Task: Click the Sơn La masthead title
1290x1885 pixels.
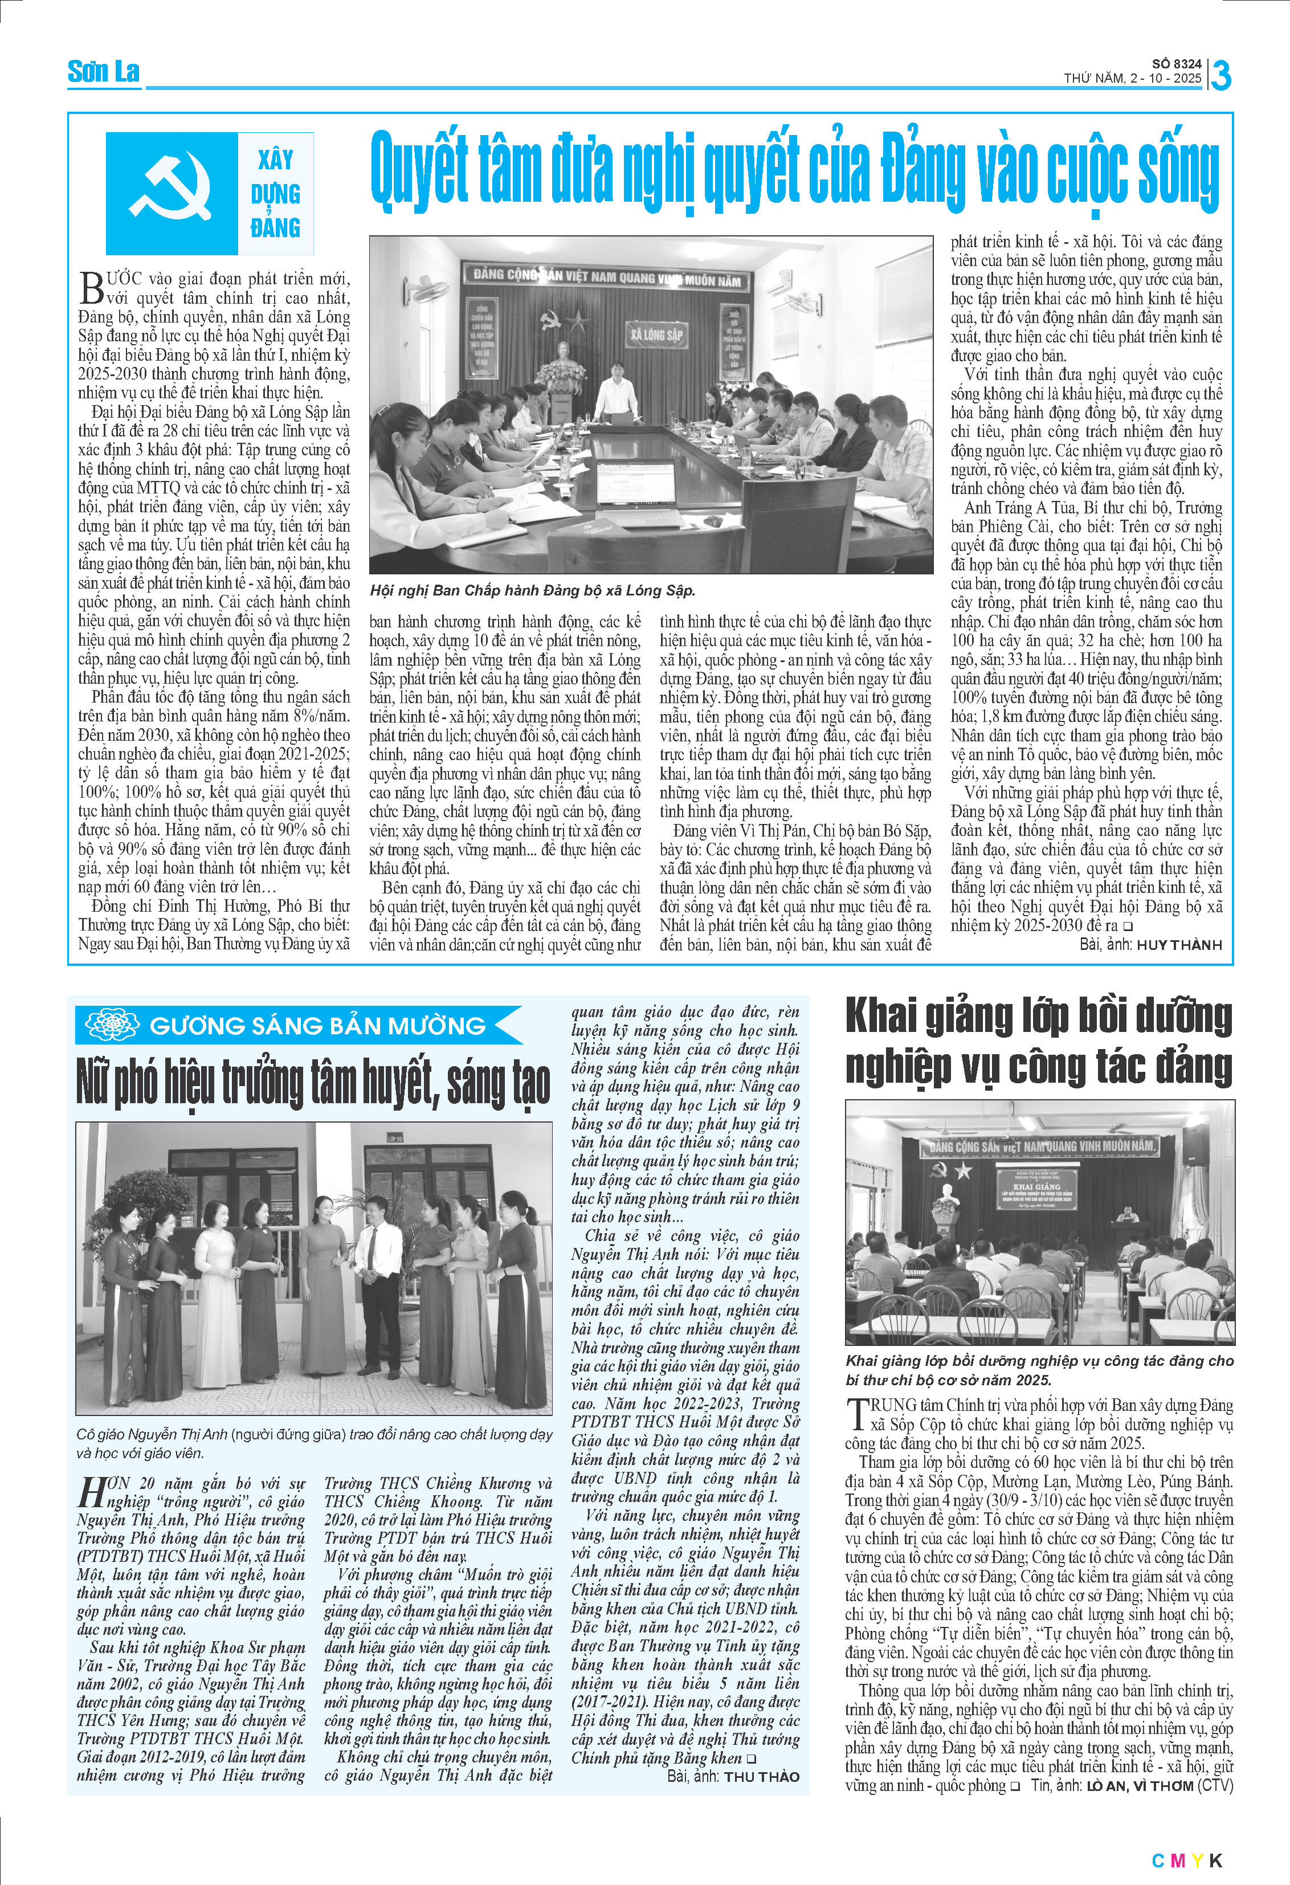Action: coord(103,72)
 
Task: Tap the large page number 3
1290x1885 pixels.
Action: coord(1220,75)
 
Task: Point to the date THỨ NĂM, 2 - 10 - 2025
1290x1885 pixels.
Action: coord(1132,79)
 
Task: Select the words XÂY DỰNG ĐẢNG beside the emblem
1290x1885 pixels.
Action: coord(276,194)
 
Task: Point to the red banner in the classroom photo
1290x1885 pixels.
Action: coord(1039,1146)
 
